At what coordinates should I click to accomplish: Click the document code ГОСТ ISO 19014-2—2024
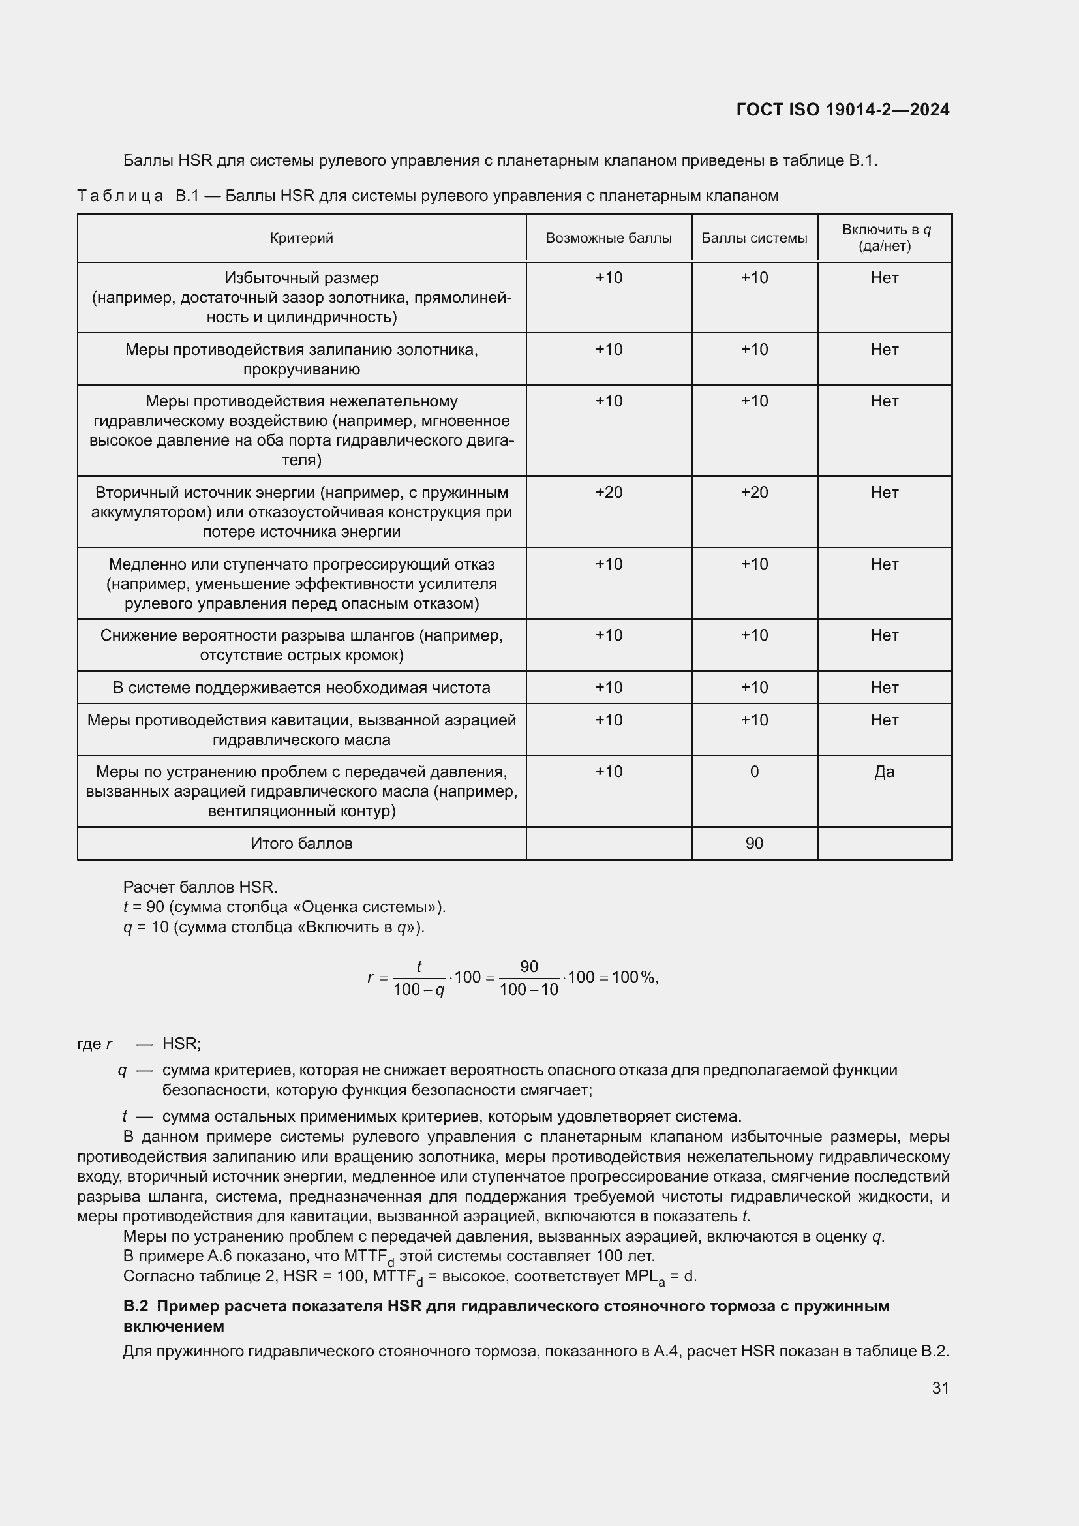(842, 110)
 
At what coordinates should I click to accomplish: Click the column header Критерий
(301, 238)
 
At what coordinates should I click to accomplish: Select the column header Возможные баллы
(608, 238)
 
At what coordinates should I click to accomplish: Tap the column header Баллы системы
(754, 238)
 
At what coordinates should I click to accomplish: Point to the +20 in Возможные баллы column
(608, 493)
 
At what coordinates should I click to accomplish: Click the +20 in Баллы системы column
(754, 493)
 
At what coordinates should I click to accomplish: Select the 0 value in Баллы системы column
(754, 772)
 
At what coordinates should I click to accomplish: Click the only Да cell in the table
(885, 772)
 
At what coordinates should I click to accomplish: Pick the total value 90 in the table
(754, 844)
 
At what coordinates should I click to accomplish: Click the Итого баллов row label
(301, 844)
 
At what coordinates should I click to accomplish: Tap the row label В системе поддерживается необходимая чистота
(301, 687)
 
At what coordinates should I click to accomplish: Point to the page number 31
(940, 1388)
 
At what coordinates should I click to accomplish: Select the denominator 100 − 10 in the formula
(529, 990)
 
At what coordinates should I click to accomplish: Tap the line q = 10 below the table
(274, 927)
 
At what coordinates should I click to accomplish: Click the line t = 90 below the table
(284, 908)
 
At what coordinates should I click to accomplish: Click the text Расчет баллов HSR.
(200, 887)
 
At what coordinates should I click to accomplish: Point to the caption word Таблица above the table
(120, 196)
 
